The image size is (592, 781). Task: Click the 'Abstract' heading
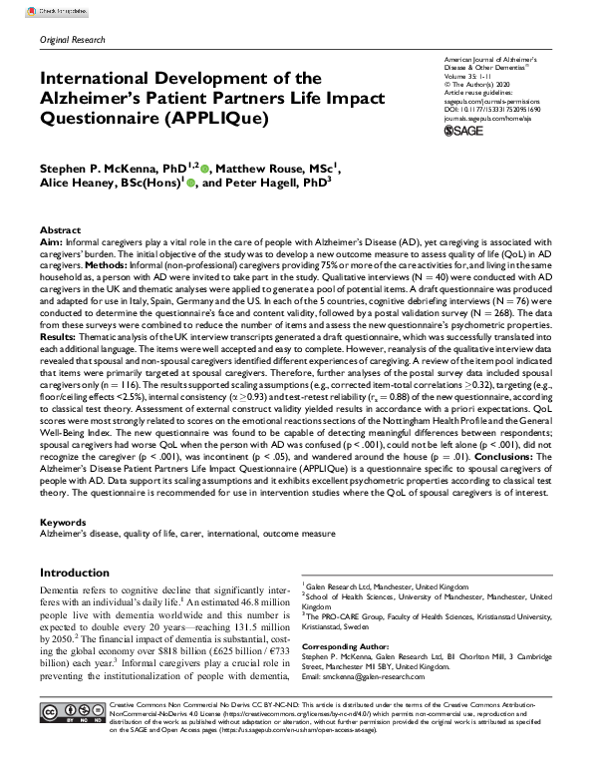tap(60, 229)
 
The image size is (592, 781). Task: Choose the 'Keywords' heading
tap(63, 522)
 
